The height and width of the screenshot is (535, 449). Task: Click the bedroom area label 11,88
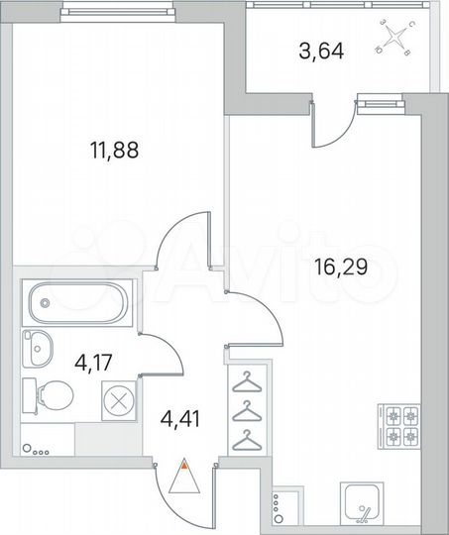pos(110,152)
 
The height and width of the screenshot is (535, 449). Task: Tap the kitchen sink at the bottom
pos(361,504)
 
